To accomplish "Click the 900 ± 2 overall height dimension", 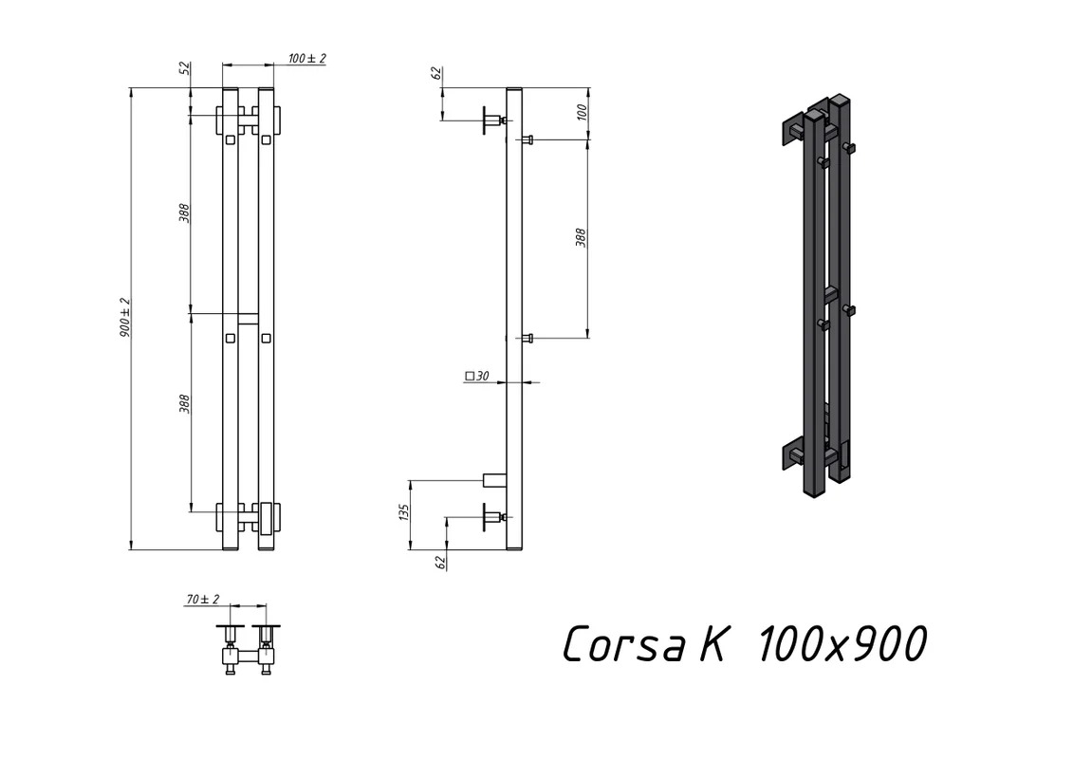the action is pos(125,318).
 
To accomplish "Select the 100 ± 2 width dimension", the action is pos(306,58).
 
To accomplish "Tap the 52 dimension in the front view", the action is pos(183,68).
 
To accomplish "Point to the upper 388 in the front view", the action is pos(184,213).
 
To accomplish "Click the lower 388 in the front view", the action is pos(184,404).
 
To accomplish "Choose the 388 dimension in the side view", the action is pos(581,237).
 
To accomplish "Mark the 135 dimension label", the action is pos(403,512).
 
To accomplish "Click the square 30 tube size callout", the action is pos(477,376).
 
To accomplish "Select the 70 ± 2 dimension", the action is pos(203,600).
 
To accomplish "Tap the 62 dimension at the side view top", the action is pos(436,74).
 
